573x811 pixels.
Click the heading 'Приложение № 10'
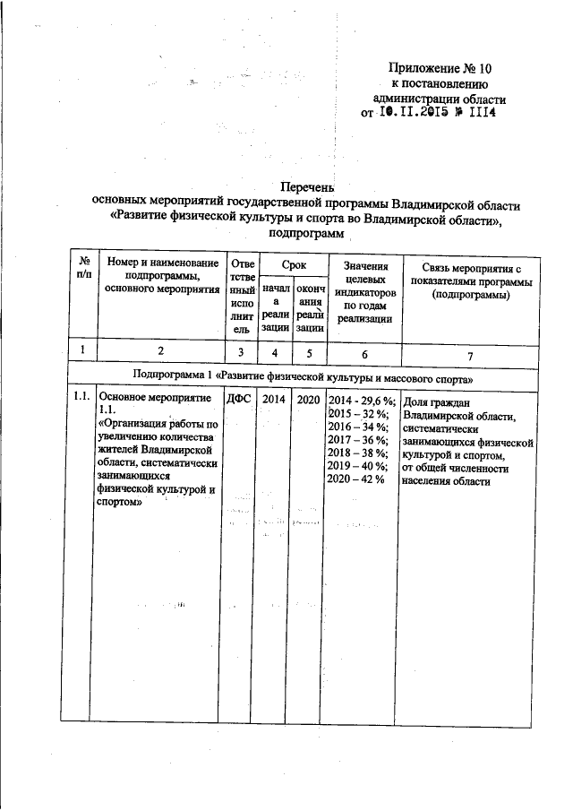[x=440, y=69]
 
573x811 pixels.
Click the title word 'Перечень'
[x=306, y=187]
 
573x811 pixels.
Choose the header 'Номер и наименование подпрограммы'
[x=162, y=269]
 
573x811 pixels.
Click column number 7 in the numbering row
[x=469, y=354]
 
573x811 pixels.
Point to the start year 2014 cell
[x=273, y=398]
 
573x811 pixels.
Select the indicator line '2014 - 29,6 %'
[x=362, y=399]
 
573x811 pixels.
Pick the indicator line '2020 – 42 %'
[x=355, y=479]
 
